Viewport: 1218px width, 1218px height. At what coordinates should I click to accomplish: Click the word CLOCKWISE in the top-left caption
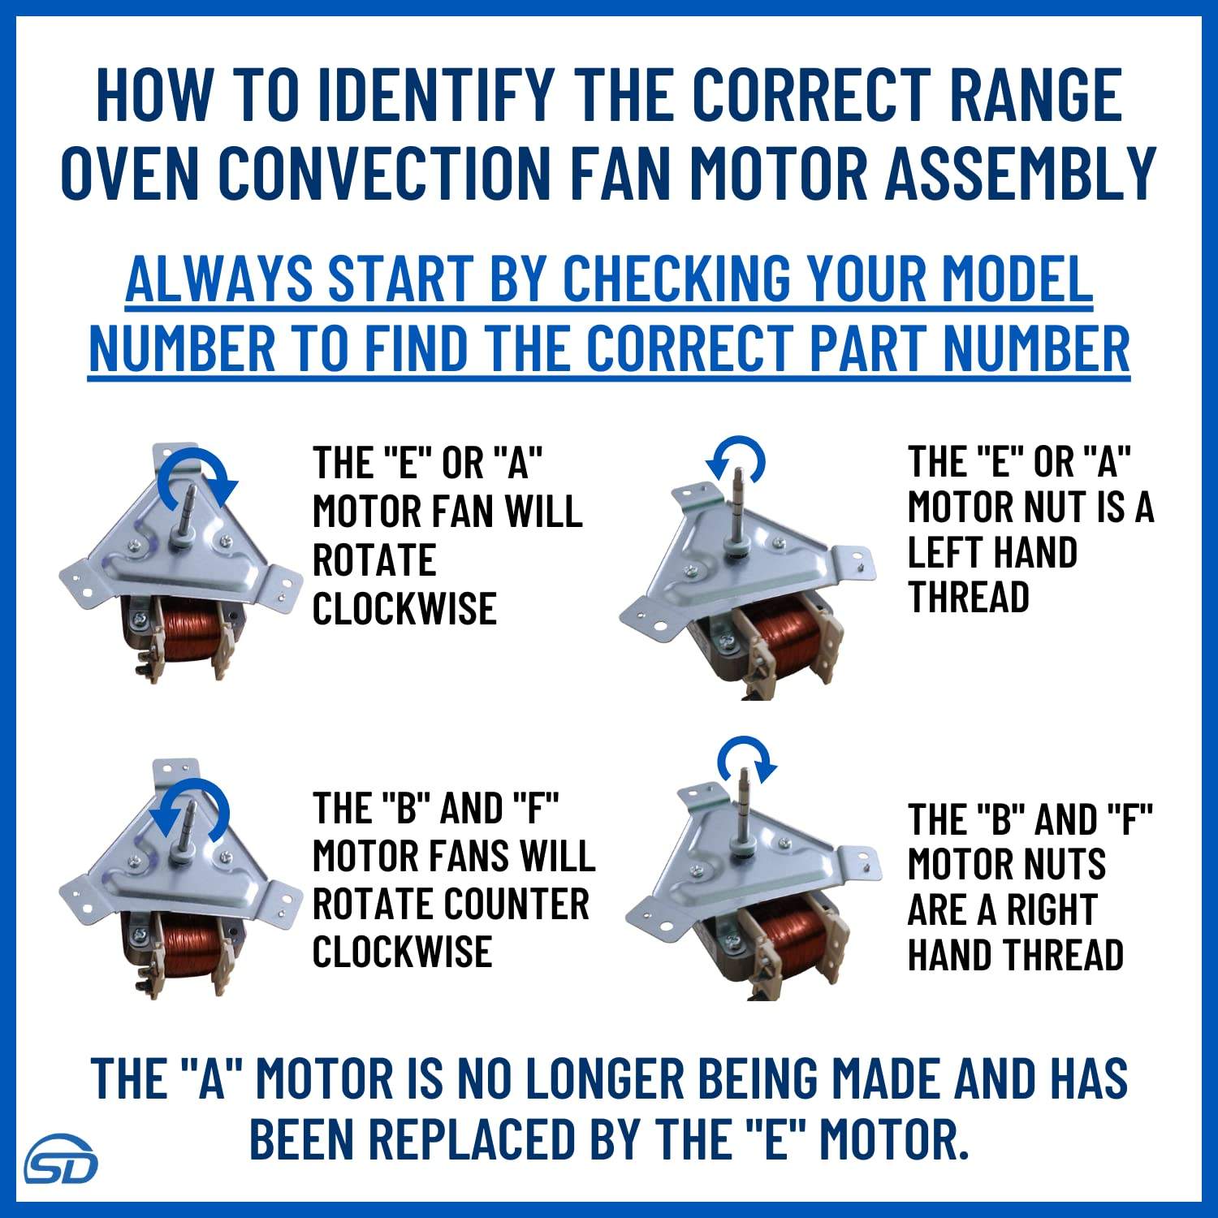(x=404, y=608)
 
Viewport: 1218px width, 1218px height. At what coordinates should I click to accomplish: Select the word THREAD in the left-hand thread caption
(x=969, y=597)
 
